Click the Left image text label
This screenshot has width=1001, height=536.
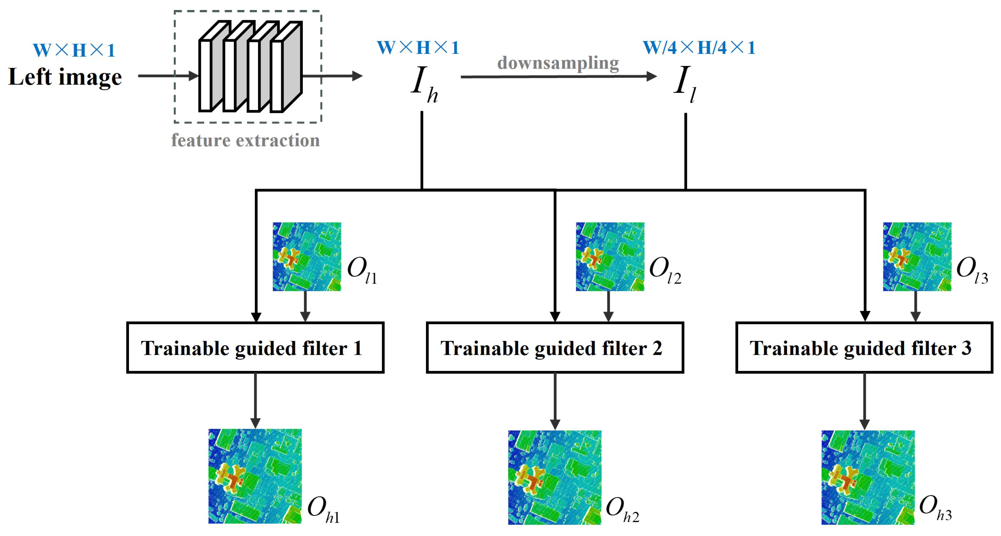point(65,77)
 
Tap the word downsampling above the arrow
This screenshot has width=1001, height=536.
point(558,63)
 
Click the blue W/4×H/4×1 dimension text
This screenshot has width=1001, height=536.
point(699,48)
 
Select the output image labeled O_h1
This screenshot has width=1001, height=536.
point(255,476)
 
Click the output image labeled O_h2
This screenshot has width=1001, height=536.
point(554,477)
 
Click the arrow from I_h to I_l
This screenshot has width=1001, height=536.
point(558,76)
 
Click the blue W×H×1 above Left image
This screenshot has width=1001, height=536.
point(74,50)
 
